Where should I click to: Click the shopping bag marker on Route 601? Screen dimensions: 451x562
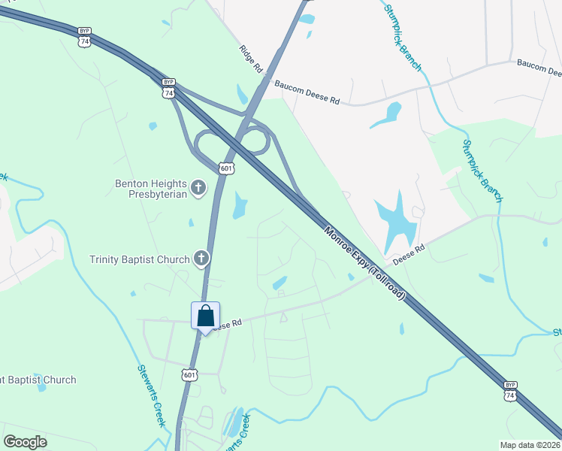(x=205, y=317)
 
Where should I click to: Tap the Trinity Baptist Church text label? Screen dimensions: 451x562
(x=140, y=260)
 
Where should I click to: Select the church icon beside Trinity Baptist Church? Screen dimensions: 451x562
(x=201, y=259)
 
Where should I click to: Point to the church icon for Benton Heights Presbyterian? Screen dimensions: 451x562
(x=198, y=187)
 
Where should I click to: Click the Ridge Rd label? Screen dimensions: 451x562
(x=251, y=59)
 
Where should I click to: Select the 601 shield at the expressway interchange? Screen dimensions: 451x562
(x=228, y=168)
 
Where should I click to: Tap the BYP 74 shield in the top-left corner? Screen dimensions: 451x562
(x=84, y=37)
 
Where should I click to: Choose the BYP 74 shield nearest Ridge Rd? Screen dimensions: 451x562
(x=168, y=88)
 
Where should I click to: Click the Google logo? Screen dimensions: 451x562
(x=26, y=441)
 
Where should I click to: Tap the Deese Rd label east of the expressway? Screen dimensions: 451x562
(x=409, y=251)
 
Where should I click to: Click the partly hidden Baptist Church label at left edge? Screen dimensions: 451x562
(x=38, y=380)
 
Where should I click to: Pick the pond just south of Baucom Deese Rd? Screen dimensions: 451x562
(x=386, y=114)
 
